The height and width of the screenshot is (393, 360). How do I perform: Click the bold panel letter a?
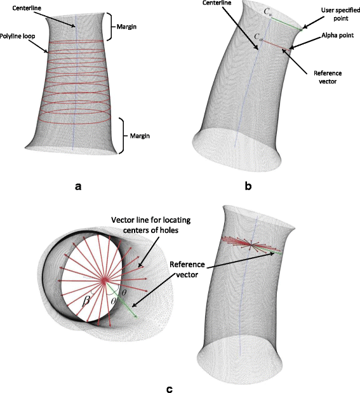click(78, 186)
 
